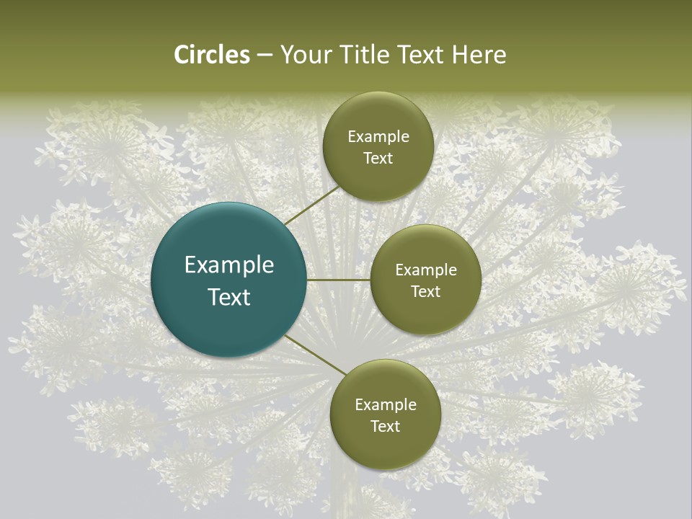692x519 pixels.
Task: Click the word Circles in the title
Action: tap(212, 55)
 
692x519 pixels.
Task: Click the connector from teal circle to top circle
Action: tap(312, 205)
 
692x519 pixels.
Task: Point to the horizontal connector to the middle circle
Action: tap(338, 280)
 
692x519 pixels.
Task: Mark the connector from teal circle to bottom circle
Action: tap(314, 355)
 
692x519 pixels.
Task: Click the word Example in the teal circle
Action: tap(229, 265)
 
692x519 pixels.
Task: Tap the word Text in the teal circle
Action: tap(229, 297)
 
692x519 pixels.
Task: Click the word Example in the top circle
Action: tap(378, 137)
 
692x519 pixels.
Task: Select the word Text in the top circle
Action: tap(378, 159)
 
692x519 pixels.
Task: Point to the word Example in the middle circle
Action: tap(426, 270)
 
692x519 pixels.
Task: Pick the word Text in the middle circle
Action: tap(426, 292)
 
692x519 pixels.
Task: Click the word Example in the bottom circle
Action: tap(386, 405)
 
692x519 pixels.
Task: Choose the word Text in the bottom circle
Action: tap(386, 427)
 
